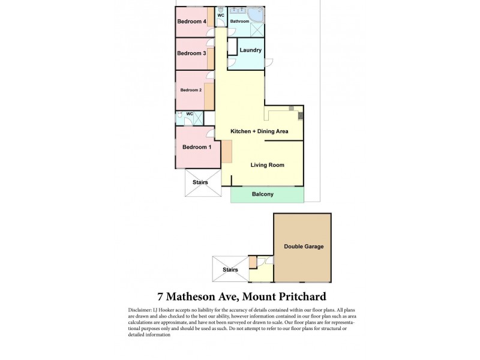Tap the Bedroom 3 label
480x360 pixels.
click(191, 53)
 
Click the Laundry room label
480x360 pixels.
click(250, 50)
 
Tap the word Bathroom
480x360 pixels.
click(239, 21)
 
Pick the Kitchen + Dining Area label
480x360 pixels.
click(260, 131)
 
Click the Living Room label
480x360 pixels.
click(267, 165)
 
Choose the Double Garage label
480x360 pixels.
click(302, 247)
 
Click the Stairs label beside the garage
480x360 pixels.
click(230, 269)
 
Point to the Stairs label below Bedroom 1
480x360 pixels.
click(200, 181)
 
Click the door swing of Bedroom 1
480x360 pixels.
click(209, 134)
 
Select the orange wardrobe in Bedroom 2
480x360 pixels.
click(209, 96)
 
